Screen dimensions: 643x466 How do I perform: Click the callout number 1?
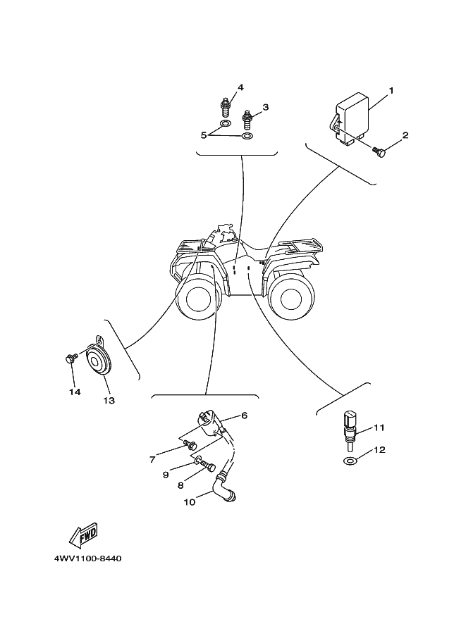pos(391,91)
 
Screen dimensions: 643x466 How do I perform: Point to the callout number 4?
pos(240,87)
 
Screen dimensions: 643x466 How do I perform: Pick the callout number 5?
pos(204,134)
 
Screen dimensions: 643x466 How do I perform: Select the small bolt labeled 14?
pos(69,359)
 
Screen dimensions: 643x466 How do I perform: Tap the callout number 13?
pos(109,401)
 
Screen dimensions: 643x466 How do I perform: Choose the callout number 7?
pos(152,460)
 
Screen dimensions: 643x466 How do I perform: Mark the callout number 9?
pos(166,475)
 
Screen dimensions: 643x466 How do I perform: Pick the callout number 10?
pos(189,502)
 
